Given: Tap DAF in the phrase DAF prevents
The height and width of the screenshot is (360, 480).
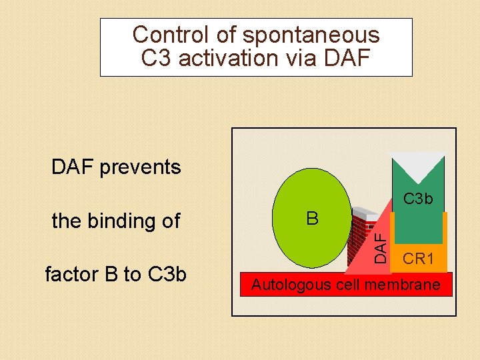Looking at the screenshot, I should (73, 167).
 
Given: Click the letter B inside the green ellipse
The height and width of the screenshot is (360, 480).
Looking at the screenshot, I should (312, 219).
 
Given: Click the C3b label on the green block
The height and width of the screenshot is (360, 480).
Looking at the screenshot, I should (418, 199).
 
